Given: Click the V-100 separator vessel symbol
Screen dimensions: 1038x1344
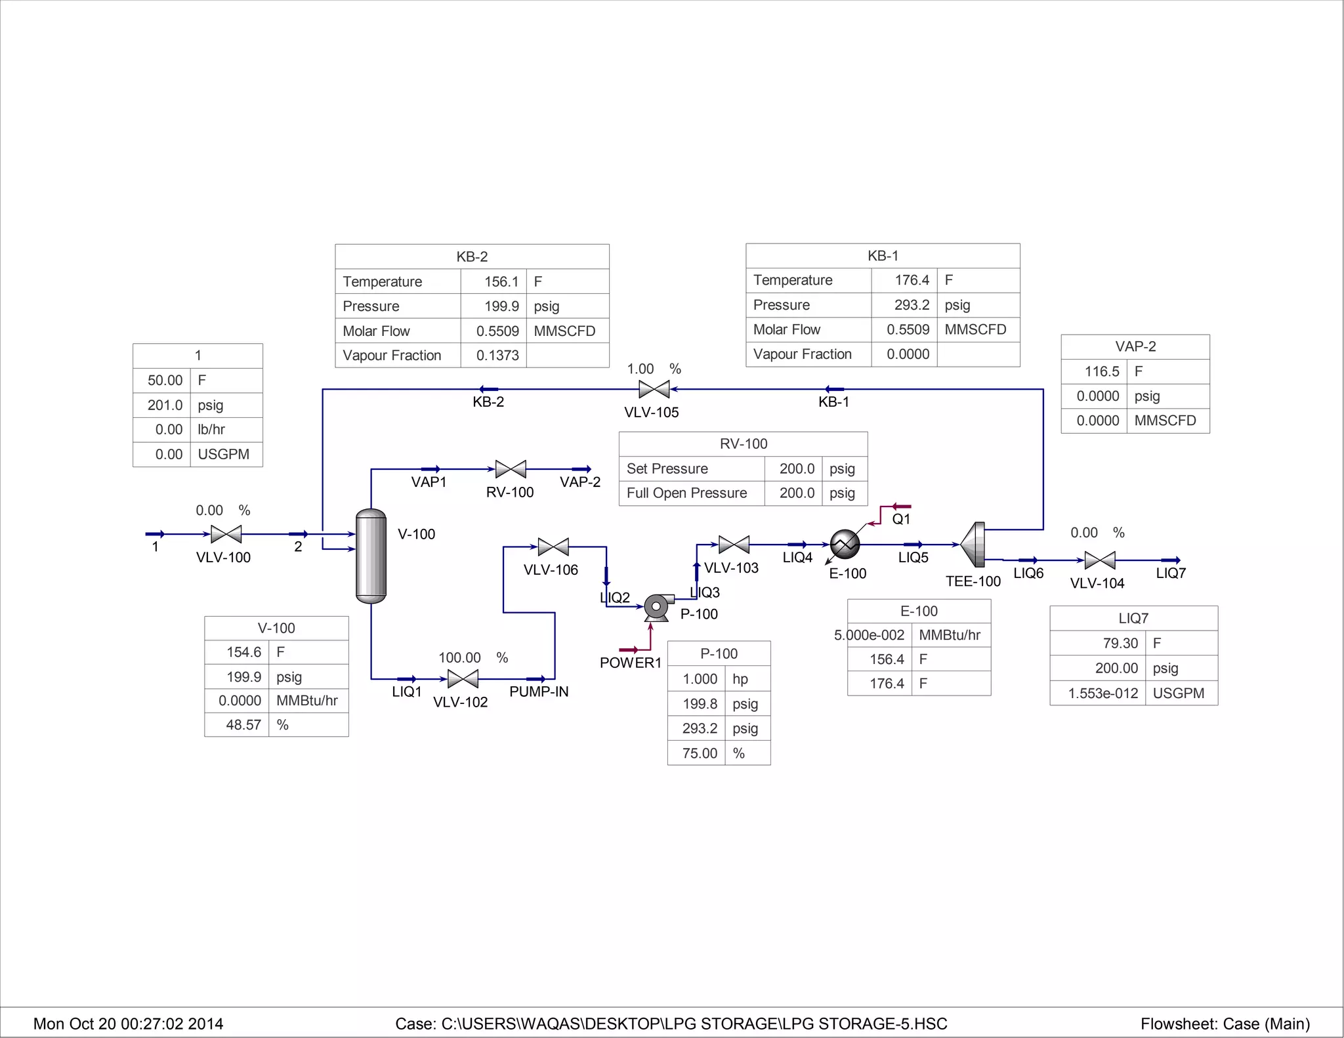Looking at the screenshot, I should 371,556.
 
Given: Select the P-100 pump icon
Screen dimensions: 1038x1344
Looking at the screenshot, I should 657,607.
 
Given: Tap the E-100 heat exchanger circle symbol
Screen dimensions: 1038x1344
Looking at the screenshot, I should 845,544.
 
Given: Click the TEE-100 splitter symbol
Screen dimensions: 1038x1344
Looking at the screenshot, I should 974,545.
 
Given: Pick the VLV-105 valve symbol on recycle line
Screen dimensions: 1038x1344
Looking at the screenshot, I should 654,389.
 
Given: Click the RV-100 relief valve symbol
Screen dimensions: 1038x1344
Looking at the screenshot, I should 511,469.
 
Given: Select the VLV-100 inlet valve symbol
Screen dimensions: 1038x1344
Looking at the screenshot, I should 226,534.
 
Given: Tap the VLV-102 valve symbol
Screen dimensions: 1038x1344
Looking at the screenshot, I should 463,679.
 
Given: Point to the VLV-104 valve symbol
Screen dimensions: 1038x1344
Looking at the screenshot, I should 1100,560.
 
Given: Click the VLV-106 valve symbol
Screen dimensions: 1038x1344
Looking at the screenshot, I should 553,547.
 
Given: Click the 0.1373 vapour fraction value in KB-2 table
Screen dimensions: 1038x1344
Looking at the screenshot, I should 497,356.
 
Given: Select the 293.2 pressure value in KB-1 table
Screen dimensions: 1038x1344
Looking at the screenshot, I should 912,305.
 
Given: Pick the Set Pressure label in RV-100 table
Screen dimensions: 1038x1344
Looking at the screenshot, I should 667,468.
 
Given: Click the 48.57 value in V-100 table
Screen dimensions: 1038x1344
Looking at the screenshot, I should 243,725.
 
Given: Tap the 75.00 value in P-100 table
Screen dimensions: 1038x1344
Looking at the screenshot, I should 700,753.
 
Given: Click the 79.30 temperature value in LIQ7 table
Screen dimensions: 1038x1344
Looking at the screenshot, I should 1120,643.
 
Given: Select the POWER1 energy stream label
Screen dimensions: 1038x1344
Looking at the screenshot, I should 630,663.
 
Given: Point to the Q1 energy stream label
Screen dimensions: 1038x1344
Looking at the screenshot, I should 901,519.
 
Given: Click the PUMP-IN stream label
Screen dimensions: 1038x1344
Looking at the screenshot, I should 539,692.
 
